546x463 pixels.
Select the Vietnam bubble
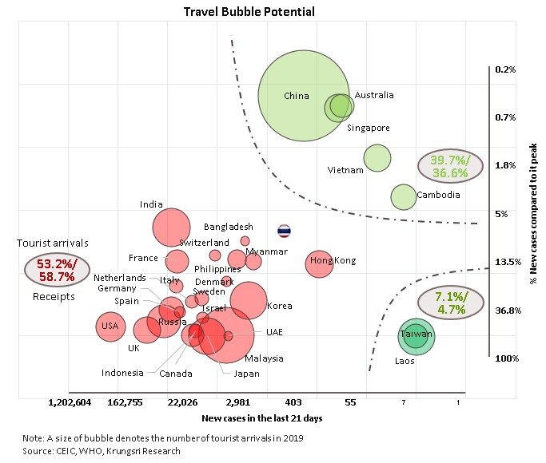[x=377, y=158]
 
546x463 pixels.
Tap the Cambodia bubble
[x=404, y=196]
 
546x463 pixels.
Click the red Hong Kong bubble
[x=319, y=263]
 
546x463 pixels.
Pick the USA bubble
[x=110, y=326]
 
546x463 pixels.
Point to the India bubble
[x=170, y=226]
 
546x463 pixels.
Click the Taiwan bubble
[x=416, y=335]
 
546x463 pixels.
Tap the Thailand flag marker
[x=284, y=231]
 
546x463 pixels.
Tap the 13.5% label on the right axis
[x=508, y=262]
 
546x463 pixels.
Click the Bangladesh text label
[x=229, y=227]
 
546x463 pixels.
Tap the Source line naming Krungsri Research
[x=102, y=451]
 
